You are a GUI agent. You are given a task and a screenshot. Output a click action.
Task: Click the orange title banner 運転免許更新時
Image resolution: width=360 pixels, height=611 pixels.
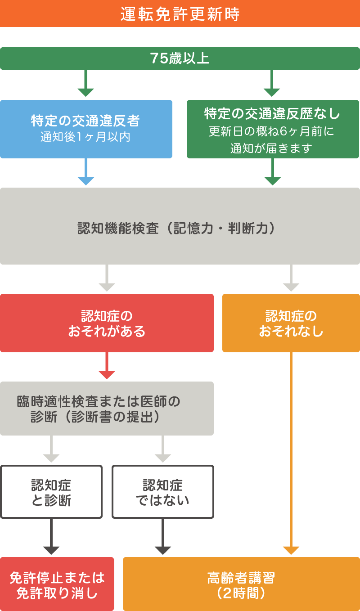click(180, 14)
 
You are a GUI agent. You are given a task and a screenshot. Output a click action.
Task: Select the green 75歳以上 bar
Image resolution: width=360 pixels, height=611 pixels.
click(180, 58)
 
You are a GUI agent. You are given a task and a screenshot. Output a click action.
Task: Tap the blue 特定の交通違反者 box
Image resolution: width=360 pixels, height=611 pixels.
click(86, 129)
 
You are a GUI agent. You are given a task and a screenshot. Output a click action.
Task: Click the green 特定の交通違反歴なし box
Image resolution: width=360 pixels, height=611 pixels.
click(273, 129)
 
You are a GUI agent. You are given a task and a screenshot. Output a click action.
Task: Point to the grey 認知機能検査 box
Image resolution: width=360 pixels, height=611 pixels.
click(180, 226)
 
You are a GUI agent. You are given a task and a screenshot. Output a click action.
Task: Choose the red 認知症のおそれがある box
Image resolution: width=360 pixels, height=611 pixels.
click(107, 323)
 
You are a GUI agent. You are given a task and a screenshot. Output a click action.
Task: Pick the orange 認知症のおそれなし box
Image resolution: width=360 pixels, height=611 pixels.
click(291, 323)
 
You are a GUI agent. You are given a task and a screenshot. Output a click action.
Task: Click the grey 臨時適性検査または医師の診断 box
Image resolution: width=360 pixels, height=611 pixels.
click(107, 409)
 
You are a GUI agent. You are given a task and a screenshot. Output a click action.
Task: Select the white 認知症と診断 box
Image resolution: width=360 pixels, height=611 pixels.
click(51, 492)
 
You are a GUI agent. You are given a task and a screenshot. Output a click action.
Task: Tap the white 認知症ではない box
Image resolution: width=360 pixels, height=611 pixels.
click(163, 492)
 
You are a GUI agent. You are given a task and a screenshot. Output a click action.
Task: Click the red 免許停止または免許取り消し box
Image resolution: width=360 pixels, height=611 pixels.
click(57, 584)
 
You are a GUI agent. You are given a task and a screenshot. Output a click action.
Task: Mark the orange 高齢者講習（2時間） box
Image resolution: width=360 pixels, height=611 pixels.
click(241, 584)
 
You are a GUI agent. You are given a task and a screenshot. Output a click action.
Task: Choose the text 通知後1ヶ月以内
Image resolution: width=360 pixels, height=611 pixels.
click(85, 137)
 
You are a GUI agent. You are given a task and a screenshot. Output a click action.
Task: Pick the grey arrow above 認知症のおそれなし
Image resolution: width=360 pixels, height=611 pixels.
click(291, 279)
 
